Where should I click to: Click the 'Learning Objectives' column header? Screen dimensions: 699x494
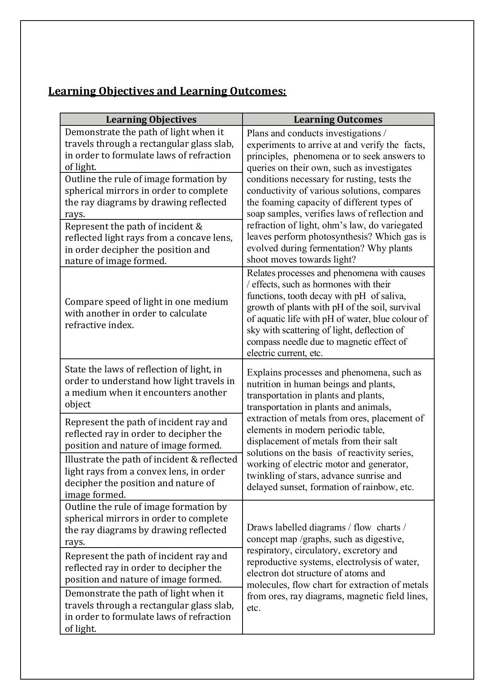(151, 120)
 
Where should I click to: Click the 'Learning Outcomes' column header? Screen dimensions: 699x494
(338, 120)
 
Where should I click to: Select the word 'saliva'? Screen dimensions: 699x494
(394, 296)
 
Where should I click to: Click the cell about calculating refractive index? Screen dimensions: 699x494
(151, 313)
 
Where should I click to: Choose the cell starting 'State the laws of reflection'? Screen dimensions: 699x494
(151, 386)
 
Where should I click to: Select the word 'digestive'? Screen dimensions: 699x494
(384, 539)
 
